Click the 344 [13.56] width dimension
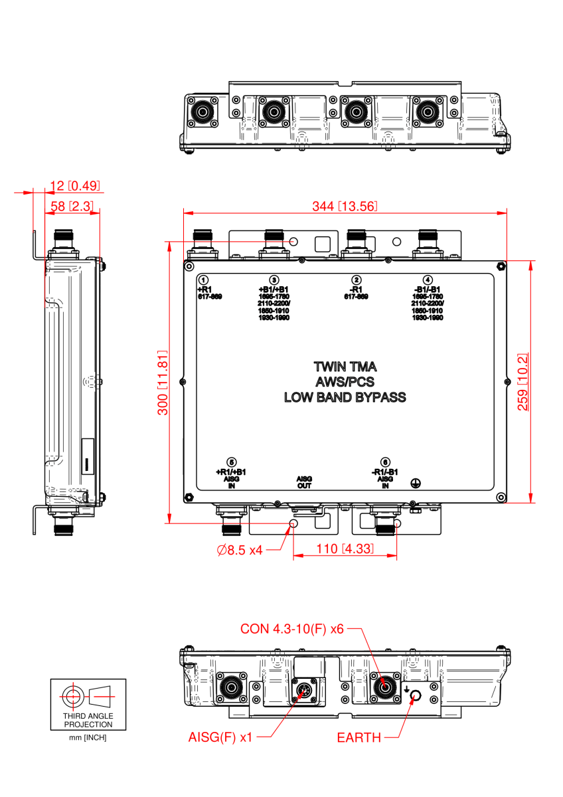(345, 207)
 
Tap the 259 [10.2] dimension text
(523, 382)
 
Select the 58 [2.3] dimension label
(71, 207)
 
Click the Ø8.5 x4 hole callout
(240, 549)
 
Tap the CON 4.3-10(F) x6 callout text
(291, 628)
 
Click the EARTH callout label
(359, 737)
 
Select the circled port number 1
(204, 280)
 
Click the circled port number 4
(428, 280)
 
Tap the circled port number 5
(231, 462)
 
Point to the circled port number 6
(385, 462)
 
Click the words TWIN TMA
(345, 366)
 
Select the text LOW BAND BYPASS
(345, 398)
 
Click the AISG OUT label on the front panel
(304, 482)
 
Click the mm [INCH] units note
(88, 738)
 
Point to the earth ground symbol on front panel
(417, 485)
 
